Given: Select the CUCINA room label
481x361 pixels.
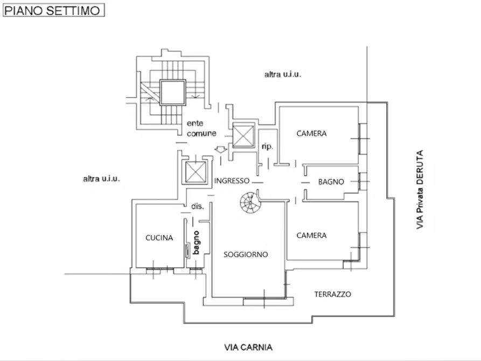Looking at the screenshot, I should (159, 238).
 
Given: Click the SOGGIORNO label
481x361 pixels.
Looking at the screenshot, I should (246, 255).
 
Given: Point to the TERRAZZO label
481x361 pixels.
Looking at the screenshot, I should (333, 294).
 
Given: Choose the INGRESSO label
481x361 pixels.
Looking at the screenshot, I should (232, 181).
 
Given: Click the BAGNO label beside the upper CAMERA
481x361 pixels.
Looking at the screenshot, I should (331, 182).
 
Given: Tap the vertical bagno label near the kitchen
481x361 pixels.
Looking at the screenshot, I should (197, 242).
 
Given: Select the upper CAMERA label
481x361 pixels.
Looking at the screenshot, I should (311, 134).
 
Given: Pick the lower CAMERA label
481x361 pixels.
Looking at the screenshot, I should (311, 235).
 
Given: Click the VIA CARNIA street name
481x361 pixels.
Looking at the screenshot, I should (248, 348).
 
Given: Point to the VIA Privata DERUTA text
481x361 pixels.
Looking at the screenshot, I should (420, 190).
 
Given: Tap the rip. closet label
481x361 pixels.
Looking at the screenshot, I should (267, 147).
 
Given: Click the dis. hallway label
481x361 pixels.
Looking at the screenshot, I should (197, 206).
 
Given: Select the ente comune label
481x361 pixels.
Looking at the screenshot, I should (201, 128).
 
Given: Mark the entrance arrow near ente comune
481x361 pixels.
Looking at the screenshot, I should (219, 150).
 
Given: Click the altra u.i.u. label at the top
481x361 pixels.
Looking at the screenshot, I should (282, 75).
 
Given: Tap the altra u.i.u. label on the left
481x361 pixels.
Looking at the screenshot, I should (101, 178).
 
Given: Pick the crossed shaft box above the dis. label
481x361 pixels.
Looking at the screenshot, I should (195, 172).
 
